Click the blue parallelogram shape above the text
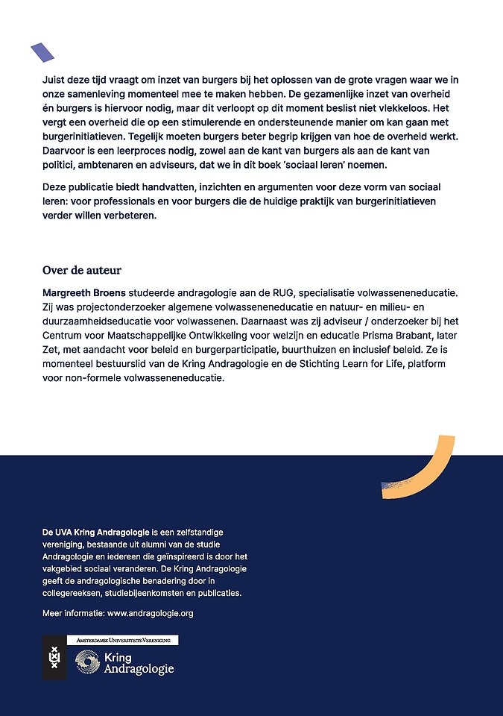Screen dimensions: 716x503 pyautogui.click(x=42, y=52)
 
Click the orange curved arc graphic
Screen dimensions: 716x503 pyautogui.click(x=436, y=466)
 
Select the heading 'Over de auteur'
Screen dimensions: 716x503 pyautogui.click(x=82, y=270)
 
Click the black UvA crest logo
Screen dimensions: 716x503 pyautogui.click(x=54, y=657)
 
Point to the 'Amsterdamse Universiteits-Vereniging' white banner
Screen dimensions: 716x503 pyautogui.click(x=122, y=640)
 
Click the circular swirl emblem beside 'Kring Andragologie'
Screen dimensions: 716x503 pyautogui.click(x=88, y=663)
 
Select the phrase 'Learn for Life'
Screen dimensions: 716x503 pyautogui.click(x=385, y=364)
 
